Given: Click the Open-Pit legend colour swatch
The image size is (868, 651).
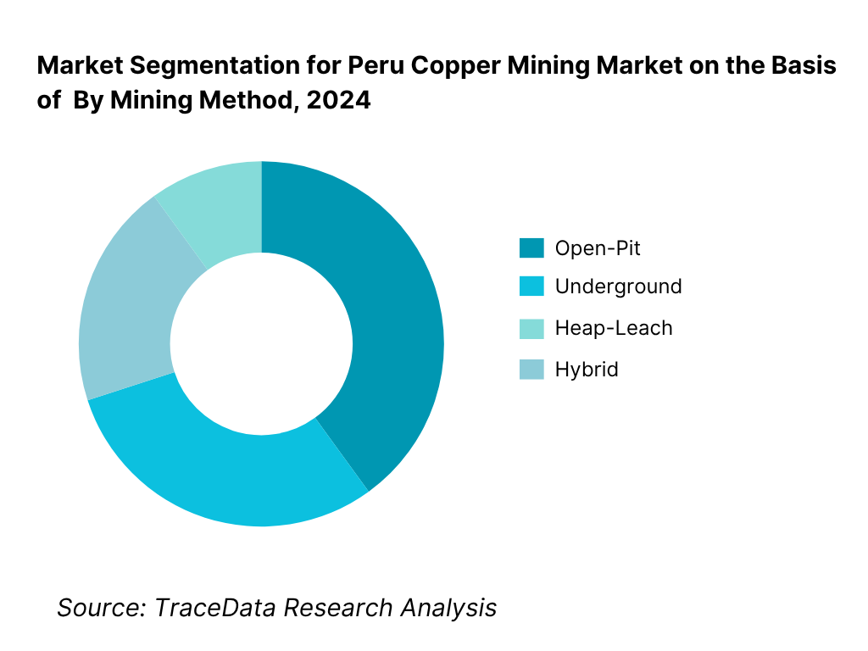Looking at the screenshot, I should coord(531,248).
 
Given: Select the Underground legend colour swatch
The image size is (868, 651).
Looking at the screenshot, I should coord(531,287).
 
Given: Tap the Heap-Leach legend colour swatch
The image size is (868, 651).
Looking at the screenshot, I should coord(531,328).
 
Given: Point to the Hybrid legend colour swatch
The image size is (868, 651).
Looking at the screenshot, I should coord(531,370).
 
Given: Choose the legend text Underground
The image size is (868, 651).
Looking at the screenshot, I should coord(618,287).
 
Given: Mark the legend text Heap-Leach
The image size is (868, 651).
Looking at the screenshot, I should coord(614,328).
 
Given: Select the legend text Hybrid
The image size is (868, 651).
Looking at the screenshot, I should coord(587,370).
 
